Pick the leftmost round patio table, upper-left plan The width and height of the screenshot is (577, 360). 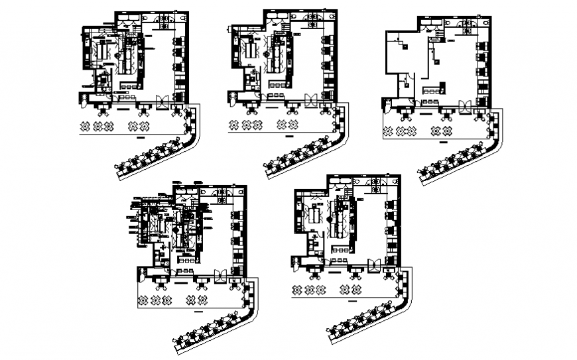point(85,125)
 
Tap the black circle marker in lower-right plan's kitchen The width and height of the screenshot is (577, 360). point(329,216)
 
